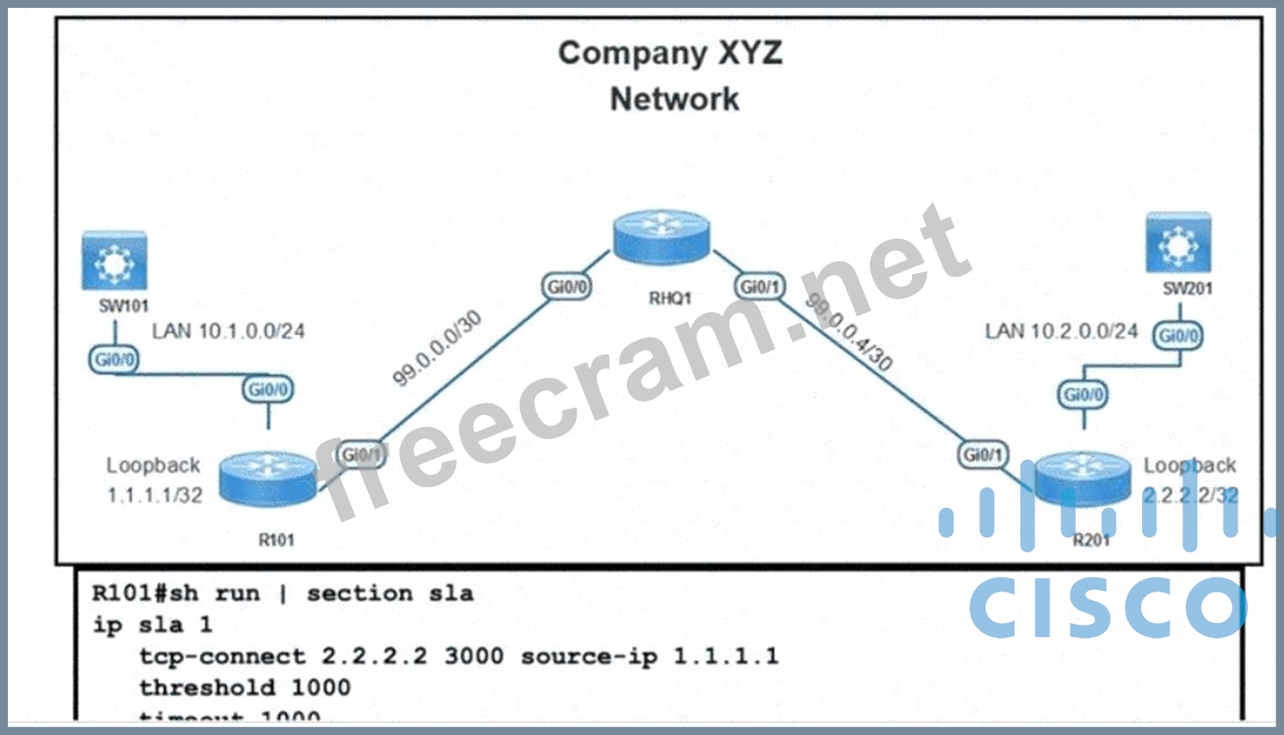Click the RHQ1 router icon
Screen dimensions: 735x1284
tap(661, 237)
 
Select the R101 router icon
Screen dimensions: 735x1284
tap(268, 478)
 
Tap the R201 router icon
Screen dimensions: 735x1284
tap(1083, 479)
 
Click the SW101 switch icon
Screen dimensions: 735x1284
tap(114, 260)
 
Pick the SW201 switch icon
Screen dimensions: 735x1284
tap(1178, 242)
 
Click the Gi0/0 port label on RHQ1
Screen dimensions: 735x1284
tap(566, 286)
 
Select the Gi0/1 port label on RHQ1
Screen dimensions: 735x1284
tap(759, 286)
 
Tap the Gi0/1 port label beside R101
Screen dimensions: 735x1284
tap(361, 454)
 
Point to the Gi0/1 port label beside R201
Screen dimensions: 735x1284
tap(982, 454)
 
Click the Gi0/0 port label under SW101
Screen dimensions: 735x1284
tap(114, 359)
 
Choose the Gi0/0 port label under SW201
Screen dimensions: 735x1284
tap(1178, 335)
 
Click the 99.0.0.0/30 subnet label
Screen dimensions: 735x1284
tap(436, 348)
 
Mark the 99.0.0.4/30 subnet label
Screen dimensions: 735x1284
tap(848, 332)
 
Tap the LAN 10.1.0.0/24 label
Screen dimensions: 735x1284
tap(228, 331)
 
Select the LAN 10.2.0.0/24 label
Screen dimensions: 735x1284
tap(1061, 331)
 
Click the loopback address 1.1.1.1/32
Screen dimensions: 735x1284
tap(155, 495)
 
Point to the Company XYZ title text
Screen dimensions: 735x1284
tap(670, 53)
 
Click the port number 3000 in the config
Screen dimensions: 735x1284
tap(474, 656)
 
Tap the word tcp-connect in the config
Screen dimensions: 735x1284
tap(222, 656)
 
